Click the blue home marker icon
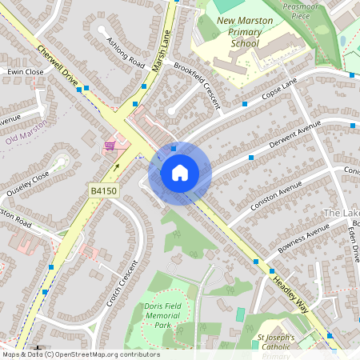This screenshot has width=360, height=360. pyautogui.click(x=180, y=173)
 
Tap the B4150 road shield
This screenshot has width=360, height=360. pyautogui.click(x=103, y=190)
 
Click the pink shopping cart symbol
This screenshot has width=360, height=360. pyautogui.click(x=110, y=146)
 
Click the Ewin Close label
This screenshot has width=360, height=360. pyautogui.click(x=25, y=72)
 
